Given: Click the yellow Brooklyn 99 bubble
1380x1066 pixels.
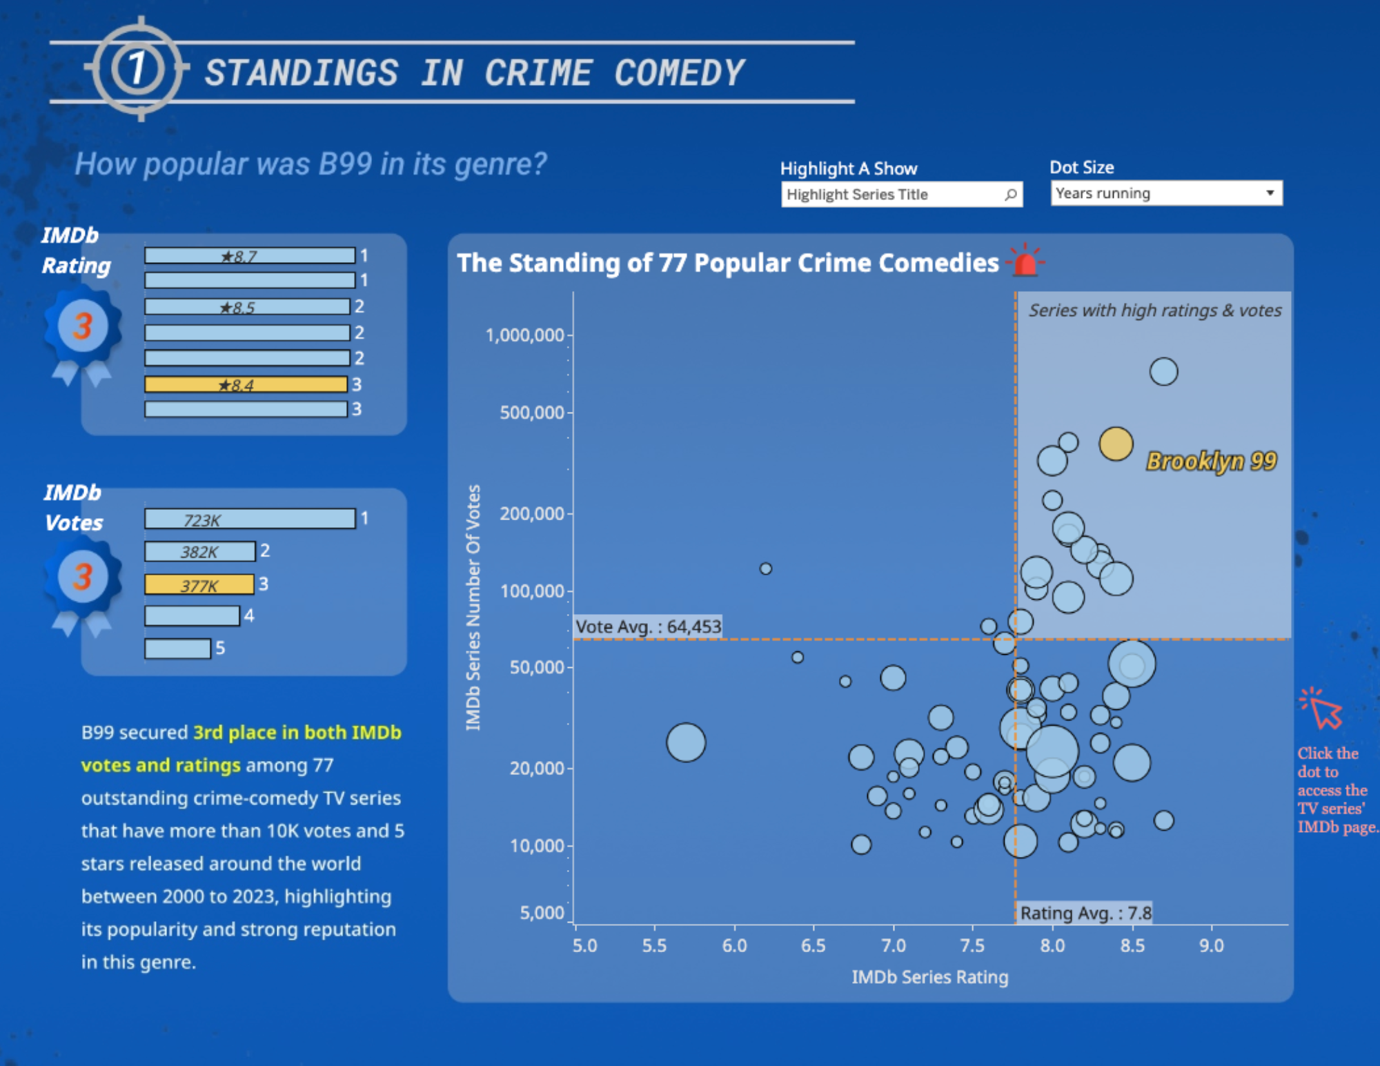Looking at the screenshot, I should point(1116,444).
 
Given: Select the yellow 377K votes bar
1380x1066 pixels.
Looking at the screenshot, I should point(199,585).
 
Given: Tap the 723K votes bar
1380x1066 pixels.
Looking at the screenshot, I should point(250,520).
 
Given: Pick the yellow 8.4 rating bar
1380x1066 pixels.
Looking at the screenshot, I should point(246,384).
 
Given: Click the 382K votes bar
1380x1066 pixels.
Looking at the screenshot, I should point(199,552).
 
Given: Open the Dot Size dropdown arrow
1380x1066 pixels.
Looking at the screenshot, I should point(1270,193).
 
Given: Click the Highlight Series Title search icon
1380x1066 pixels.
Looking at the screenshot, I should point(1010,195).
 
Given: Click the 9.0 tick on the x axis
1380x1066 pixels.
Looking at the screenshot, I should point(1211,945).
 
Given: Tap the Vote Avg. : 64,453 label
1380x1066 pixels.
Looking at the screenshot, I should point(648,626).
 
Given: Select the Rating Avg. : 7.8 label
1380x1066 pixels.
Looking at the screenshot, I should point(1085,913).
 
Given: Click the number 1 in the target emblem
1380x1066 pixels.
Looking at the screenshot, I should point(137,68).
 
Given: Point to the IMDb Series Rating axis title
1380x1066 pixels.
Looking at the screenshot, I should point(929,977).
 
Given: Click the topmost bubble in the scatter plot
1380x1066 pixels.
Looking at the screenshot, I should point(1163,372).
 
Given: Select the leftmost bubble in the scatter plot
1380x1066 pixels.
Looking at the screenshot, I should point(686,742).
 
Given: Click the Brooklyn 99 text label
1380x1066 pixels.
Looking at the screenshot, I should point(1211,461).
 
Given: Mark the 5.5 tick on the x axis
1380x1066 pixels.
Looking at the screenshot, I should point(654,945).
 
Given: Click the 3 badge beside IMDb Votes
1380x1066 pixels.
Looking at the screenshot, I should point(83,577).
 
